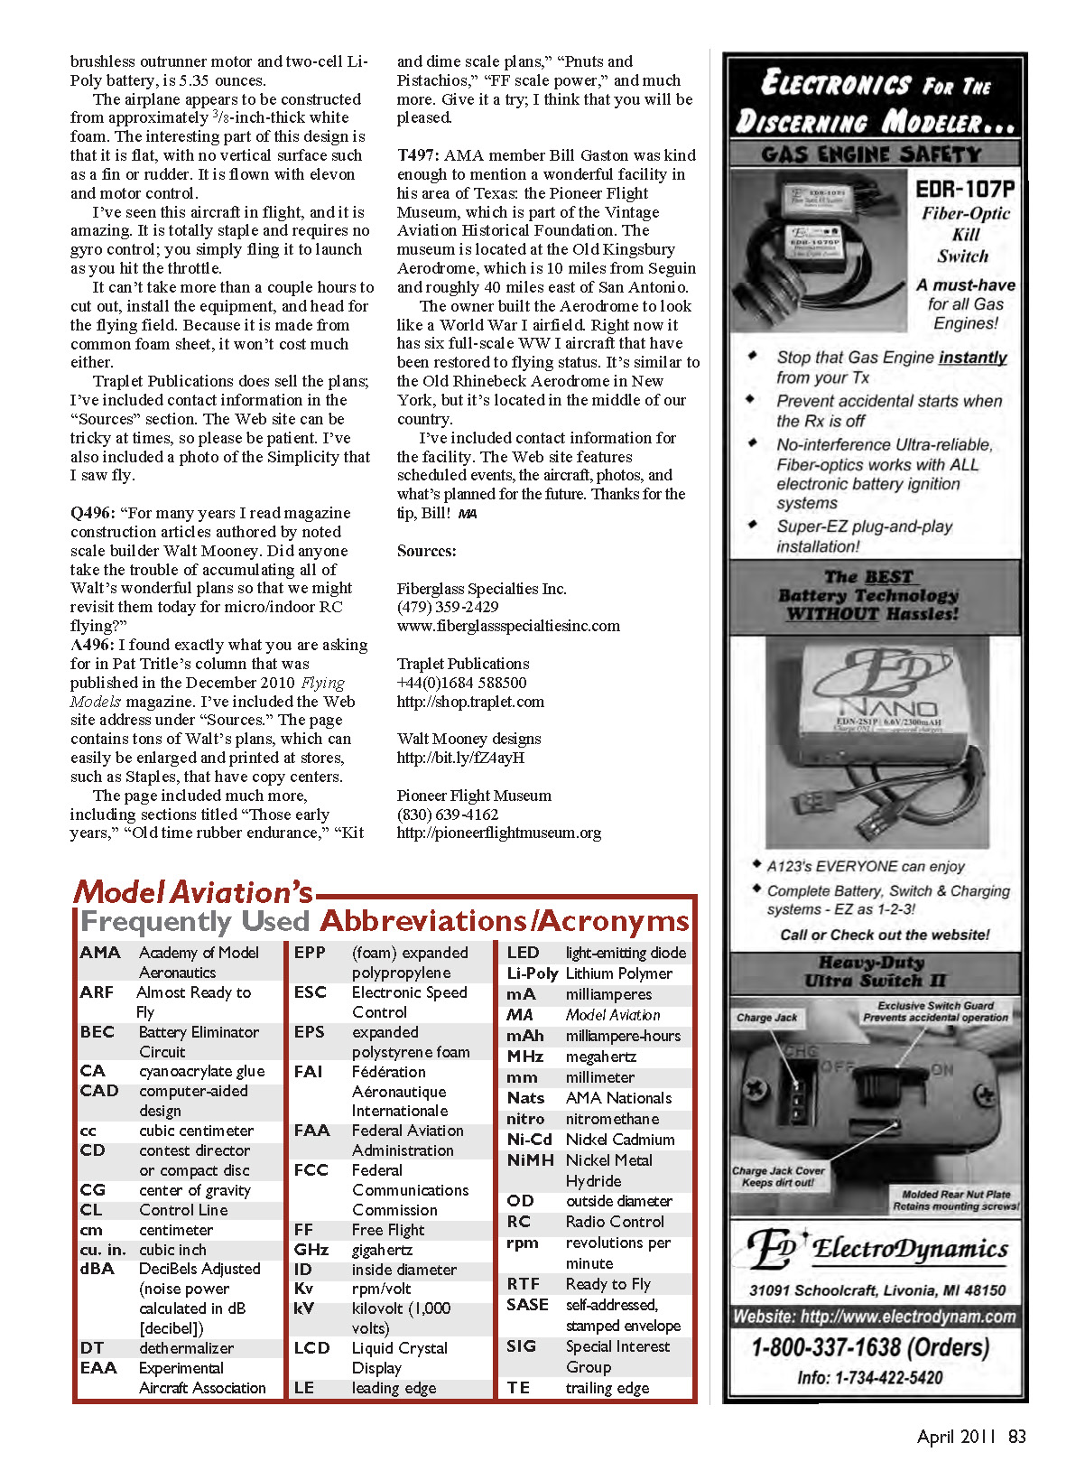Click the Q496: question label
pyautogui.click(x=92, y=513)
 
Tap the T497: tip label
pyautogui.click(x=418, y=155)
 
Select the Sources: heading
pyautogui.click(x=426, y=551)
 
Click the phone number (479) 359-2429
pyautogui.click(x=448, y=607)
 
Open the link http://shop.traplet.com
pyautogui.click(x=470, y=702)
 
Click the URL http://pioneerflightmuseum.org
pyautogui.click(x=498, y=833)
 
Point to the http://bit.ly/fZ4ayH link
pyautogui.click(x=460, y=758)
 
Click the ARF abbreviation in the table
pyautogui.click(x=97, y=992)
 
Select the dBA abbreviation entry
pyautogui.click(x=97, y=1269)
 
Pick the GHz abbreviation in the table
pyautogui.click(x=311, y=1250)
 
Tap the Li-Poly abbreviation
pyautogui.click(x=532, y=973)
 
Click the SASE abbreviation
pyautogui.click(x=527, y=1305)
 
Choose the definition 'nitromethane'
pyautogui.click(x=612, y=1119)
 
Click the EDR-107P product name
pyautogui.click(x=964, y=189)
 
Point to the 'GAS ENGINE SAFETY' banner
pyautogui.click(x=871, y=154)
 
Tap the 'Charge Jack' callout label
pyautogui.click(x=766, y=1018)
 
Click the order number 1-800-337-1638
pyautogui.click(x=871, y=1348)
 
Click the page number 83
pyautogui.click(x=1017, y=1437)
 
